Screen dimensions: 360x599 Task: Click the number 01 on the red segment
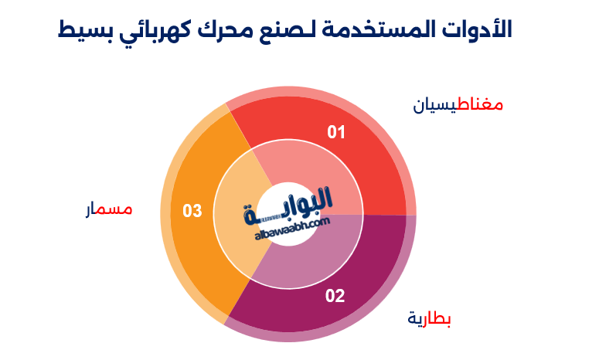tap(336, 133)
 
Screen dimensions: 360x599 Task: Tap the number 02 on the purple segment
tap(335, 295)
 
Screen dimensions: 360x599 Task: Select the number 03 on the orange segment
tap(192, 211)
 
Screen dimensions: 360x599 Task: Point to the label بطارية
tap(430, 318)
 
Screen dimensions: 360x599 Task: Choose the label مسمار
tap(108, 209)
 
